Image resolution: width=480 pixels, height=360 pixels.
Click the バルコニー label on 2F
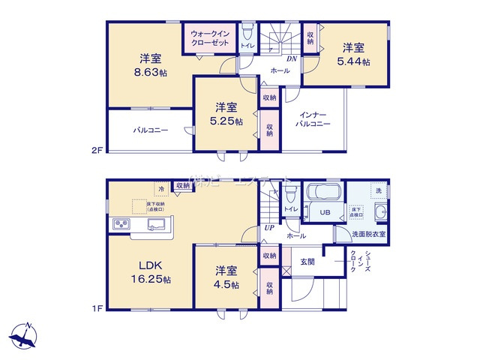[151, 130]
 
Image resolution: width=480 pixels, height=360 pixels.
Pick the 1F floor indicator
[96, 307]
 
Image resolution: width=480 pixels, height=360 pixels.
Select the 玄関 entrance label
[307, 261]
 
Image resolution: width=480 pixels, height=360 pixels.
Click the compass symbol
[24, 335]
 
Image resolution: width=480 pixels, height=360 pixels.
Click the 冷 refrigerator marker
[160, 188]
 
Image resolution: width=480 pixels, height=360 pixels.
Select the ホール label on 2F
[280, 70]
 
